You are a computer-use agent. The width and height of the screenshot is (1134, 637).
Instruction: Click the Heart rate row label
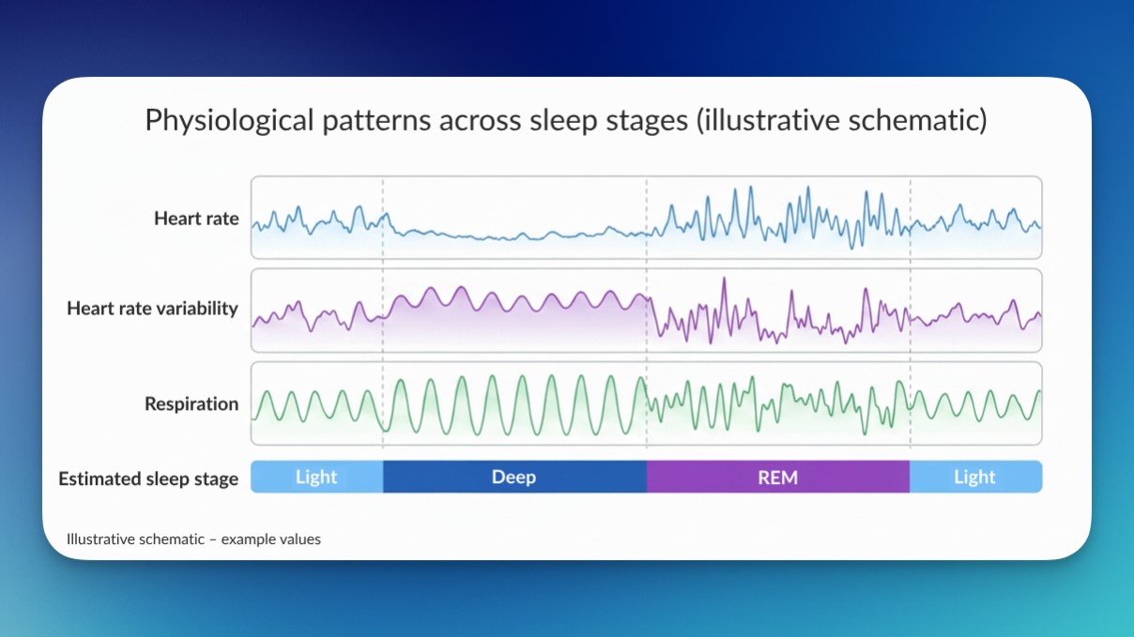click(196, 219)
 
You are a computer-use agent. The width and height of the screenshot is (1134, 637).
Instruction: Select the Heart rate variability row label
click(152, 309)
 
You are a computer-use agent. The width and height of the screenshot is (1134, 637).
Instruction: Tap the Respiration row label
click(192, 404)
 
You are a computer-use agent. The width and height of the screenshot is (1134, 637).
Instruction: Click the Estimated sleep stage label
click(148, 478)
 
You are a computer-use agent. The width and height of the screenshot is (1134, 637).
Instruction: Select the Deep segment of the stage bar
click(513, 477)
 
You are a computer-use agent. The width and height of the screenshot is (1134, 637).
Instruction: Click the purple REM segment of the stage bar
click(777, 477)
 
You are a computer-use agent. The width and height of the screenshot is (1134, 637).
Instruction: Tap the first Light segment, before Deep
click(316, 477)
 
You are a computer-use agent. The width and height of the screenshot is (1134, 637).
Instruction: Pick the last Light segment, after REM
click(974, 477)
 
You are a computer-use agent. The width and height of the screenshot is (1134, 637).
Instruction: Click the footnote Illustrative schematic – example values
click(193, 539)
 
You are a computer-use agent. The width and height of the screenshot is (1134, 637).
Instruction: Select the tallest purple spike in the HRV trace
click(723, 281)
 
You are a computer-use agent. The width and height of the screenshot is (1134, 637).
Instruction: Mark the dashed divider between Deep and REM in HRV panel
click(647, 310)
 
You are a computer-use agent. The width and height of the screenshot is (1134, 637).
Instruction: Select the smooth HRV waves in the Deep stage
click(514, 299)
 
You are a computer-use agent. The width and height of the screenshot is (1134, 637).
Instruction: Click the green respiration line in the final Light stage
click(976, 404)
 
